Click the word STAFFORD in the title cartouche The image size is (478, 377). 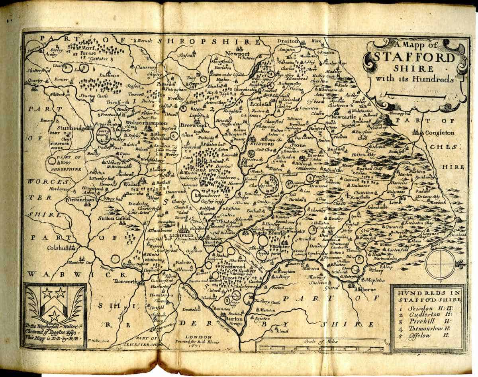coord(414,58)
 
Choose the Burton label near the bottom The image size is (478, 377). coord(233,319)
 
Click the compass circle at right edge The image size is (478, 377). coord(440,264)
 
